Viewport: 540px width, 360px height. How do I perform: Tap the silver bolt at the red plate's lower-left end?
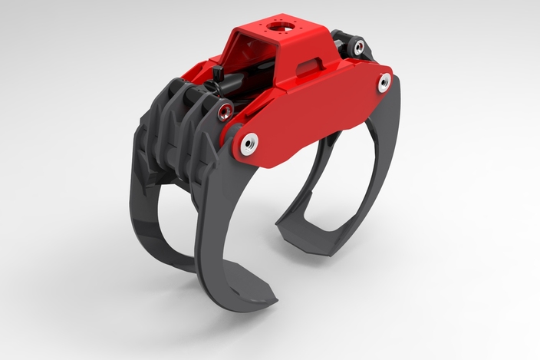[249, 143]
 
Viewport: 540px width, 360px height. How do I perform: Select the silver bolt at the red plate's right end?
[384, 83]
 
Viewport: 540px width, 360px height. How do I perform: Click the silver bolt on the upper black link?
[357, 48]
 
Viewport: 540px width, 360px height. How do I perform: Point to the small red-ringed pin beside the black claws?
[223, 113]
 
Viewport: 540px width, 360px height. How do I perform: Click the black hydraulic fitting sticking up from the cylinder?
[218, 78]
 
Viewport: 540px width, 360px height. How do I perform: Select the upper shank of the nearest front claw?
[219, 192]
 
